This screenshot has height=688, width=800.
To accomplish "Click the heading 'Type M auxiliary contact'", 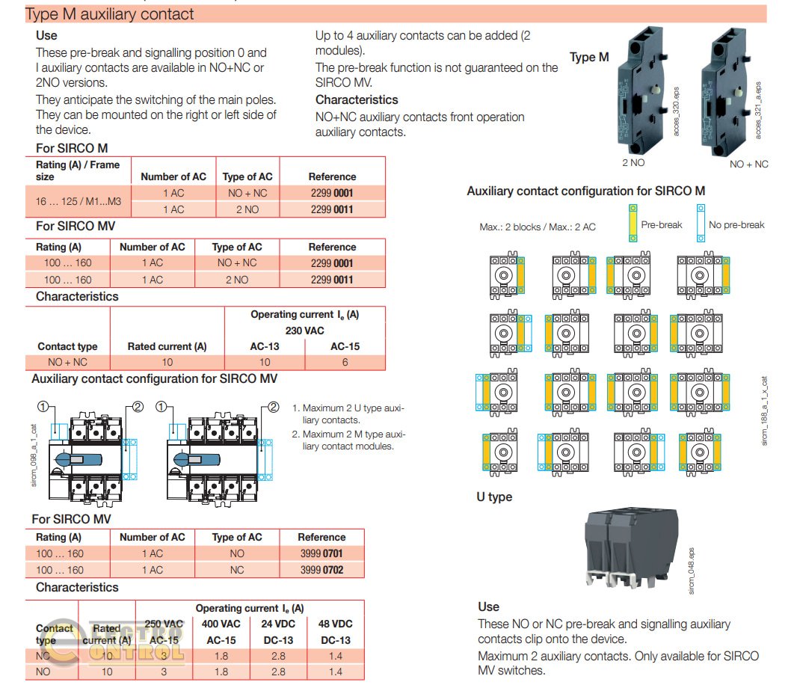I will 109,14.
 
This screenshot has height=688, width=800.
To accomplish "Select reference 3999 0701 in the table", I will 321,553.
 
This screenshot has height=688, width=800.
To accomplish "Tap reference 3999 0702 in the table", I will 321,570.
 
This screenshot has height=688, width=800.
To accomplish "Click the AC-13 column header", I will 265,346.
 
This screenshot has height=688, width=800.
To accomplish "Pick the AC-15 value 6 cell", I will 345,362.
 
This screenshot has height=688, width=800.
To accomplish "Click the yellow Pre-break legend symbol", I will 633,224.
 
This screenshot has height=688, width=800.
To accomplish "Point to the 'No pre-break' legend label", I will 736,224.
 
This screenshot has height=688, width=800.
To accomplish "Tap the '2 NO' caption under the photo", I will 634,162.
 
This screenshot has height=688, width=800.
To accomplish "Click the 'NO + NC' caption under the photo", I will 748,164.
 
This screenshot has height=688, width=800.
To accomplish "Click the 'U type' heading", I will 494,497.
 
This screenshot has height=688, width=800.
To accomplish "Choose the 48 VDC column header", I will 335,624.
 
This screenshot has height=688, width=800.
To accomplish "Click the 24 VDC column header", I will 278,624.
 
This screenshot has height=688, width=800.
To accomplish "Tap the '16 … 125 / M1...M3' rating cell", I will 78,201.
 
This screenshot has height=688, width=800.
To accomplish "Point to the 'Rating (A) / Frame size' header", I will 78,171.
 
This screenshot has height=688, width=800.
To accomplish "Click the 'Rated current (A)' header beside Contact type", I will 167,346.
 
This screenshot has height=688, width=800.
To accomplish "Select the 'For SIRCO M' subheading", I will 72,148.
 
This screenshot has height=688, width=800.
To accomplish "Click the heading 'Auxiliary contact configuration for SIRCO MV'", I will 154,379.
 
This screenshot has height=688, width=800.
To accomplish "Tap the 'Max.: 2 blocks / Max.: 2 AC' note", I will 538,227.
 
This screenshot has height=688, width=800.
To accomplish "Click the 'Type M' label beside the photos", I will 589,58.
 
